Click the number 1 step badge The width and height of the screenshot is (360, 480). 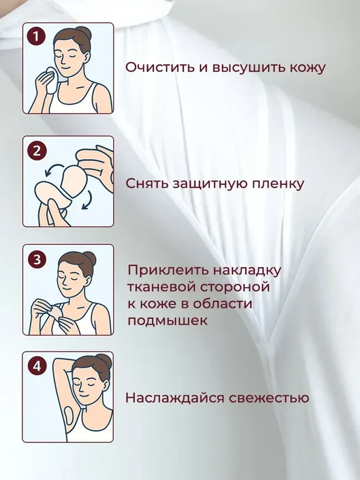[x=36, y=37]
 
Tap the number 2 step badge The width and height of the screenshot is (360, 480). [x=37, y=151]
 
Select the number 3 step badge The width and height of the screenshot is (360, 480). [x=37, y=260]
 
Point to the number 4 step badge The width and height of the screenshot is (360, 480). [x=37, y=366]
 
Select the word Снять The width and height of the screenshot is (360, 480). [x=147, y=183]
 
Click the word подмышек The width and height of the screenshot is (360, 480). [x=167, y=321]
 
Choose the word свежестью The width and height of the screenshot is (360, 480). [x=269, y=398]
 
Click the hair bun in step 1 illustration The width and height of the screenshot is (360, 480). [x=84, y=33]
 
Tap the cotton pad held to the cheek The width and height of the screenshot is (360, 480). [x=50, y=80]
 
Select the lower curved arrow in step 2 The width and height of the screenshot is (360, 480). [x=87, y=200]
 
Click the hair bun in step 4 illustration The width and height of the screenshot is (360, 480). [x=105, y=361]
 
